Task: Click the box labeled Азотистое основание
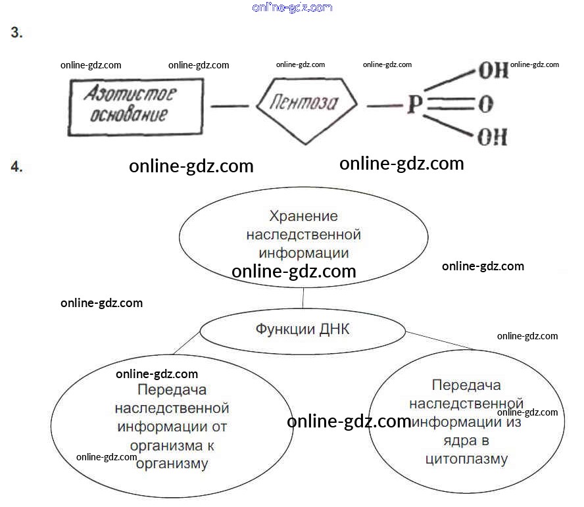134,105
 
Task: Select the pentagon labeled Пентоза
306,104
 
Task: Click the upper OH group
493,71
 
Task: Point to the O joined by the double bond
487,105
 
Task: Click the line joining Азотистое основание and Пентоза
229,105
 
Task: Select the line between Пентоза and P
379,105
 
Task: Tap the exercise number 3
16,33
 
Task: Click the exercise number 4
16,167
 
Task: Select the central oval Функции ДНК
303,329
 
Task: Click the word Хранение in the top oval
304,216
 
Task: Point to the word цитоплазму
466,458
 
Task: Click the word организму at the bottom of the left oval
172,464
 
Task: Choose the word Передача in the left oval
172,391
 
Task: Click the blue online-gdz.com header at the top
292,7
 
